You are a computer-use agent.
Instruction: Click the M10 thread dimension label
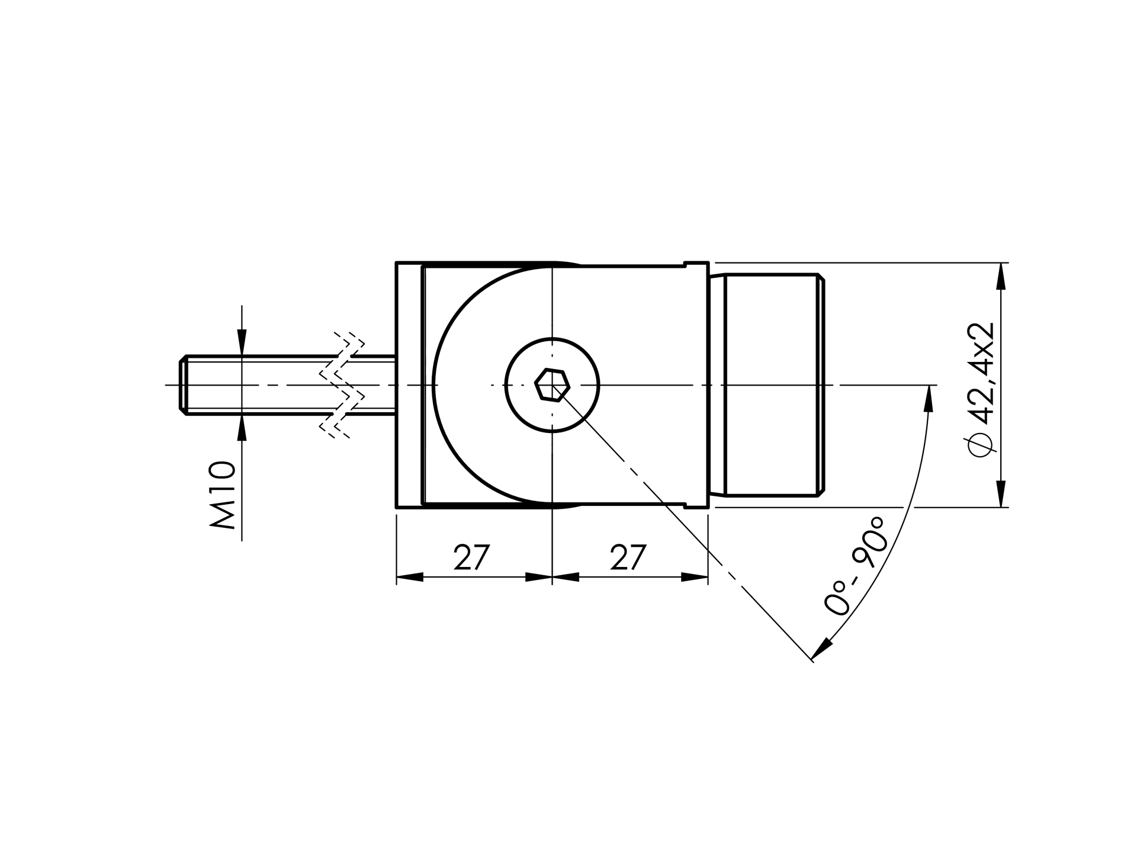pos(223,495)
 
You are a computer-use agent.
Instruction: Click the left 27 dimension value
pos(472,557)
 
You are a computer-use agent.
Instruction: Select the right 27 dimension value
pos(628,557)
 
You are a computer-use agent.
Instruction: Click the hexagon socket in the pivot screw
pos(552,385)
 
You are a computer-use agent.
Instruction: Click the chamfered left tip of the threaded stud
pos(183,385)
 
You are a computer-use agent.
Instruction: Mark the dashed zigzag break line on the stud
pos(342,385)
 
